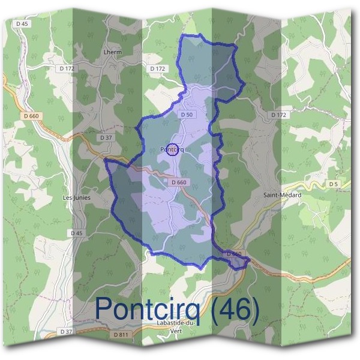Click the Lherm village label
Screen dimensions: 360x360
point(113,52)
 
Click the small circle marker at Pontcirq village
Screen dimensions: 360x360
point(172,149)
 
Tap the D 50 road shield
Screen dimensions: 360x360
point(185,113)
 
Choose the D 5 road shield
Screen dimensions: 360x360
point(334,184)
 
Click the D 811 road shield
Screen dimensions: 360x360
point(121,334)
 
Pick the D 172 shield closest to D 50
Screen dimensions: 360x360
point(157,69)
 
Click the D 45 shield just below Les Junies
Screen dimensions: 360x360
point(76,233)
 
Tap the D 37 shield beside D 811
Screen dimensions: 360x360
point(67,331)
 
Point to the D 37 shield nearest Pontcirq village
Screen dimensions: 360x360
point(106,137)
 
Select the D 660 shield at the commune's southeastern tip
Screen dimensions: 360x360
point(235,254)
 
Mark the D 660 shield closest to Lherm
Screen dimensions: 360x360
point(30,115)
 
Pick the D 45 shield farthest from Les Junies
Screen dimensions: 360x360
point(23,23)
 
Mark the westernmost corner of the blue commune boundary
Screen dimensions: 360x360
point(105,160)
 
